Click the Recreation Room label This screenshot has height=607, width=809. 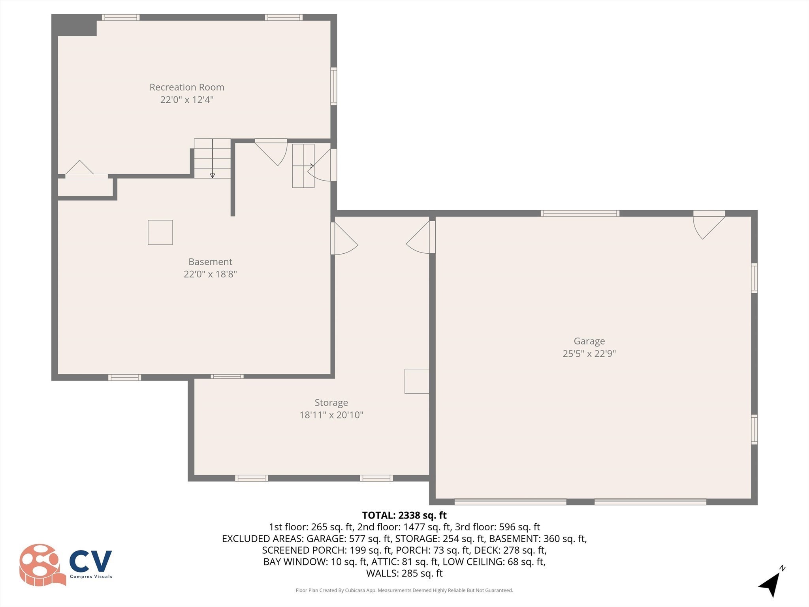pos(186,87)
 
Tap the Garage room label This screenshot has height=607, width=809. pos(589,341)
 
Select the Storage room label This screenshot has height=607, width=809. pos(331,403)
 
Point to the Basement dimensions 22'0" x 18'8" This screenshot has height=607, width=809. pos(210,274)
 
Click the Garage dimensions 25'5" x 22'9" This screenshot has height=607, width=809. pos(589,353)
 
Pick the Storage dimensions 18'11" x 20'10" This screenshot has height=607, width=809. pos(331,415)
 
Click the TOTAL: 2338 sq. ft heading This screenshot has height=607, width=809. pos(404,515)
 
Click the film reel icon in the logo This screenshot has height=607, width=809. pos(40,564)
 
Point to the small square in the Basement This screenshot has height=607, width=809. pos(160,232)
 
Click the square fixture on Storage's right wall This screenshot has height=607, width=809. pos(416,381)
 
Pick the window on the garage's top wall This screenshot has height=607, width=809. pos(579,213)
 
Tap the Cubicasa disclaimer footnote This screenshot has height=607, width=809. pos(404,590)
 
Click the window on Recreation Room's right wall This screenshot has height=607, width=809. pos(334,86)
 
